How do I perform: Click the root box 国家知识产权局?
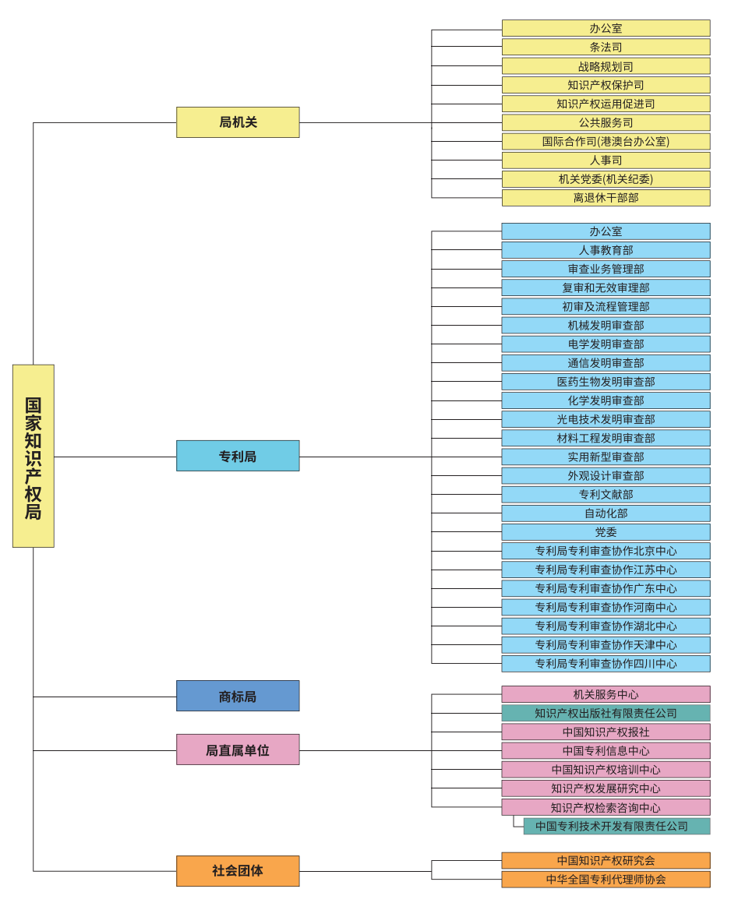[34, 456]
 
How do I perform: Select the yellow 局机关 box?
[238, 122]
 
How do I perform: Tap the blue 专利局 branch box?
[238, 456]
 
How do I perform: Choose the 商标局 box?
[238, 696]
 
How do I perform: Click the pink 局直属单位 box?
[238, 750]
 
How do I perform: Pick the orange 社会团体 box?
[238, 871]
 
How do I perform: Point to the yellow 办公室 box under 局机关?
[606, 28]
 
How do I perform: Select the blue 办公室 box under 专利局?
[606, 231]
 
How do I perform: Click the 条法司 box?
[606, 47]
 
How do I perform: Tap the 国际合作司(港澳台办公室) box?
[606, 141]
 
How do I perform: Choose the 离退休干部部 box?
[606, 198]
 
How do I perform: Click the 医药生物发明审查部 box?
[606, 382]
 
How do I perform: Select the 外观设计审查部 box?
[606, 475]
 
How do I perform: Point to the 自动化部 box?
[606, 513]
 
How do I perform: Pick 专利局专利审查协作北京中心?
[606, 551]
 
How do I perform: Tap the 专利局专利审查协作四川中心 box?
[606, 664]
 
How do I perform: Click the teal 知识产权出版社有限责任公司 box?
[606, 713]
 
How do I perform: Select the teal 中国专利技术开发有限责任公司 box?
[616, 826]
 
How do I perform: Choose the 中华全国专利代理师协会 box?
[606, 879]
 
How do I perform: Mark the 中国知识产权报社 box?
[606, 732]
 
